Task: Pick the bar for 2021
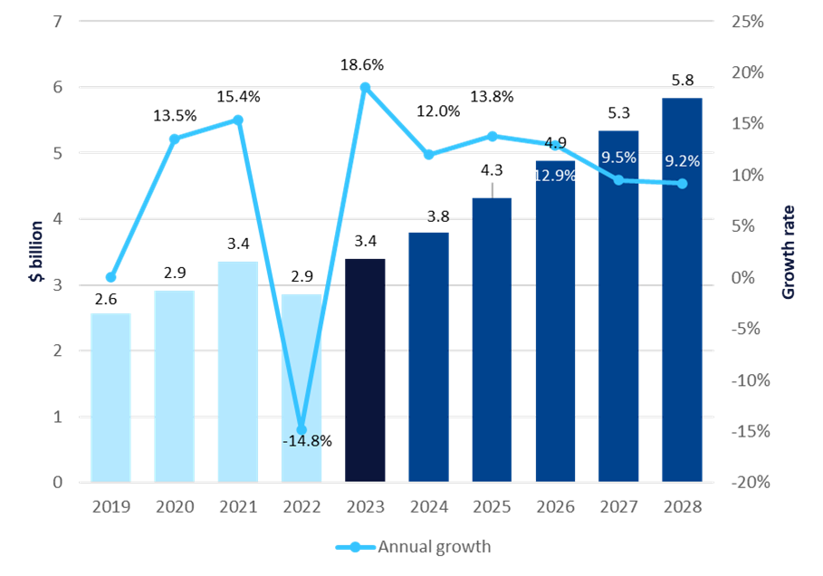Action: coord(238,371)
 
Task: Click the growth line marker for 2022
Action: coord(301,430)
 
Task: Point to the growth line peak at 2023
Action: coord(365,87)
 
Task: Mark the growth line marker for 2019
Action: coord(111,277)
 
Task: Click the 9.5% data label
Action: coord(618,157)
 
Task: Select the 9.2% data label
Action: coord(682,162)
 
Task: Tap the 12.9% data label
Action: coord(554,176)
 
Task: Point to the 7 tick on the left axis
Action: coord(58,21)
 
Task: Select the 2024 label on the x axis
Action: coord(428,507)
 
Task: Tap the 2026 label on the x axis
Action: coord(555,507)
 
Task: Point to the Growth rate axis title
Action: coord(788,252)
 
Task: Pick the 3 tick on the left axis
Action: coord(58,285)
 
